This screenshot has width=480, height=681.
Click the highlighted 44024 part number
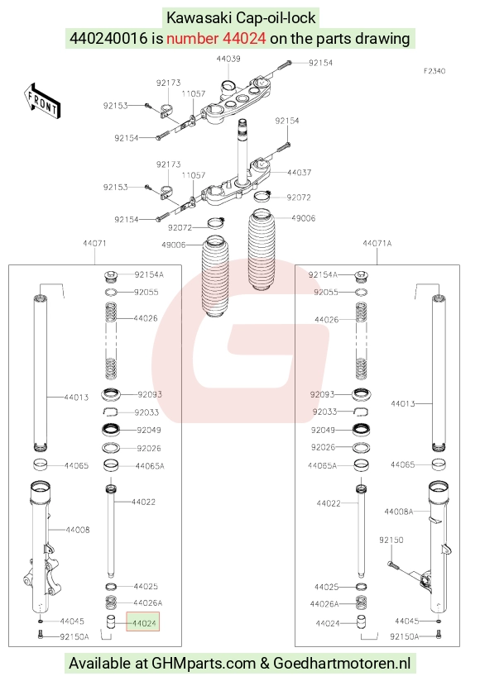tap(143, 623)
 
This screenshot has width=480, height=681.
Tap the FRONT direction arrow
tap(41, 101)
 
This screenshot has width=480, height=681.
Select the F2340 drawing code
tap(434, 71)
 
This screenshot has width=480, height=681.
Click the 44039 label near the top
tap(228, 59)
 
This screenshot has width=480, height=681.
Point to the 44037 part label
tap(299, 173)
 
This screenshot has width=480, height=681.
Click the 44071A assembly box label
tap(377, 243)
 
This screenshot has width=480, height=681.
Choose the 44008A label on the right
tap(399, 512)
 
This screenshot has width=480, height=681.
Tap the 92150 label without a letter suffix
tap(391, 540)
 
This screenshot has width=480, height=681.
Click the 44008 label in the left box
tap(78, 530)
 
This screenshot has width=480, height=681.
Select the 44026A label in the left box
tap(148, 602)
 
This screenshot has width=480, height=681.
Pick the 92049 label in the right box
tap(323, 430)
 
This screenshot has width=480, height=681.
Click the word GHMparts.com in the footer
tap(204, 663)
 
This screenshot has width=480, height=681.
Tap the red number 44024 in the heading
tap(244, 38)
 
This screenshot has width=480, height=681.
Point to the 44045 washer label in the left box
tap(72, 621)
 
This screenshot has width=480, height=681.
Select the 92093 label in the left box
tap(150, 394)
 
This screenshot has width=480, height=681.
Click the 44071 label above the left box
tap(94, 243)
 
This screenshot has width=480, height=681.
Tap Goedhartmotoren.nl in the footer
tap(342, 663)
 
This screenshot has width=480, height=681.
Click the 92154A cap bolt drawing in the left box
tap(112, 275)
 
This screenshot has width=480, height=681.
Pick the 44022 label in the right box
tap(329, 503)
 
